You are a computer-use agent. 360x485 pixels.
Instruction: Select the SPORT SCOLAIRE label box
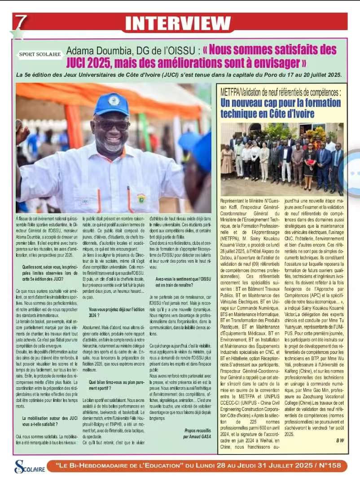click(40, 54)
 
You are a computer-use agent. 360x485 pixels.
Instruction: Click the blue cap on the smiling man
click(112, 104)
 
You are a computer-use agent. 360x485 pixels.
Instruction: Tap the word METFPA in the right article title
click(231, 93)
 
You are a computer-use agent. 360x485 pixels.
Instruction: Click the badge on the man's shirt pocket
click(141, 198)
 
